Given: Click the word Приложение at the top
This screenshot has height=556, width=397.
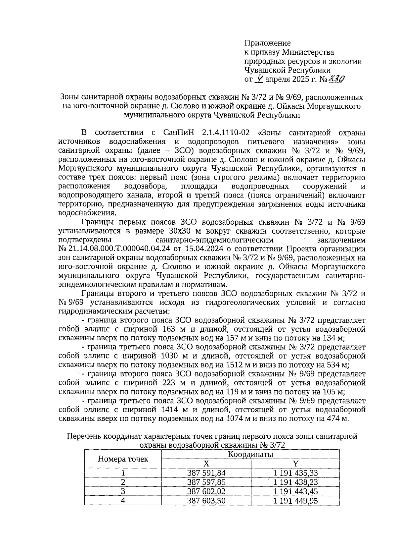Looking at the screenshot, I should [x=267, y=43].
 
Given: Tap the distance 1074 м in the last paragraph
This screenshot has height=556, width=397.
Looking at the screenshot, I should [x=240, y=419].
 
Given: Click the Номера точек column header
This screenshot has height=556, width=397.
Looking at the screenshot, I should [x=123, y=459].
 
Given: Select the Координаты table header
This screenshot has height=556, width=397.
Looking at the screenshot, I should [x=250, y=454].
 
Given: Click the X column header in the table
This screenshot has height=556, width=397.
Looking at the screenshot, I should [x=206, y=464].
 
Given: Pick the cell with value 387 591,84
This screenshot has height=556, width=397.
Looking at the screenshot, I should [x=206, y=473].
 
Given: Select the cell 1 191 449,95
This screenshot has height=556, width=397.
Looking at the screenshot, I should [x=295, y=500].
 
